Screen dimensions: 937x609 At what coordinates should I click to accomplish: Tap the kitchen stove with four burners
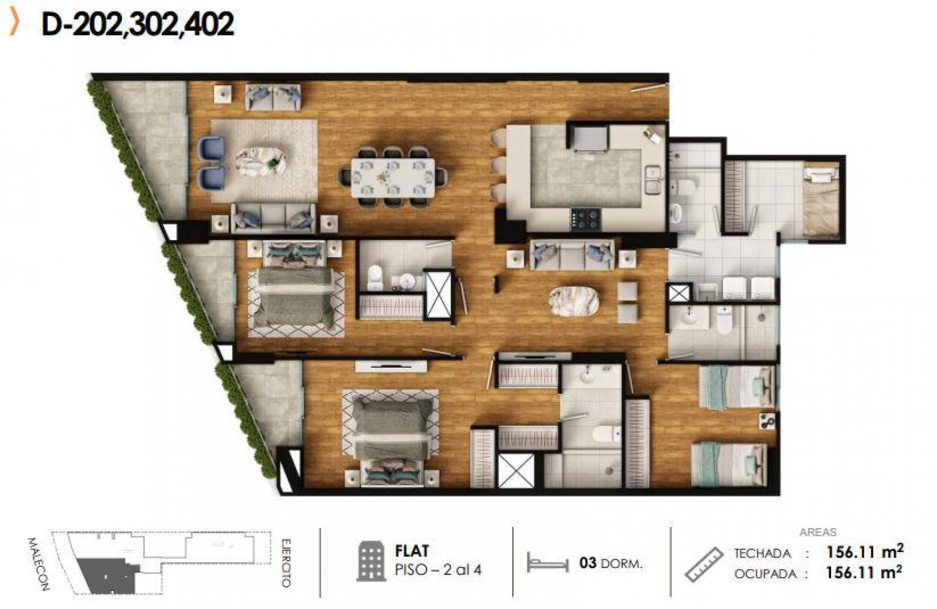pyautogui.click(x=586, y=219)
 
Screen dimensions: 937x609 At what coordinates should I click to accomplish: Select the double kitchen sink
pyautogui.click(x=653, y=180)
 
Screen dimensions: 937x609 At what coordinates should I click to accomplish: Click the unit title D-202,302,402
pyautogui.click(x=138, y=24)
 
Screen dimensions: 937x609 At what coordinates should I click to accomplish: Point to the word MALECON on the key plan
pyautogui.click(x=37, y=563)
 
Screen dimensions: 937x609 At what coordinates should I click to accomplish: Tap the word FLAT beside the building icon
pyautogui.click(x=412, y=551)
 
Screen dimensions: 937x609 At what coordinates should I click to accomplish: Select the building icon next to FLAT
pyautogui.click(x=372, y=561)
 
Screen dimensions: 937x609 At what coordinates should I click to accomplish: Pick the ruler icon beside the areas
pyautogui.click(x=704, y=564)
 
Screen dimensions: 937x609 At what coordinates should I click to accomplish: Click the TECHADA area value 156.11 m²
pyautogui.click(x=864, y=552)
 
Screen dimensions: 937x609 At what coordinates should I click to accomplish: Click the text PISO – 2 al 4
pyautogui.click(x=438, y=570)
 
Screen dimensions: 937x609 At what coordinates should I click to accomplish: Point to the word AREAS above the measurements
pyautogui.click(x=818, y=532)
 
